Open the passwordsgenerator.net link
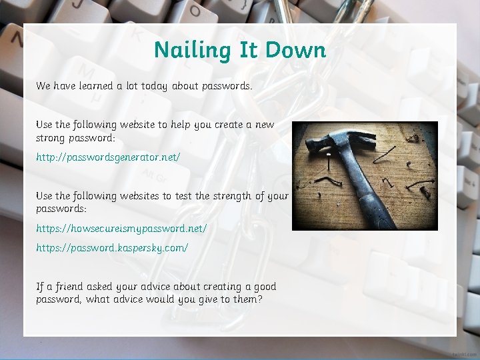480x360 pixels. [108, 157]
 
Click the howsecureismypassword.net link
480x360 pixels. [121, 228]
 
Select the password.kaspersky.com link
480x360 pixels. [112, 247]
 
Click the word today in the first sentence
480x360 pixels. [154, 86]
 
